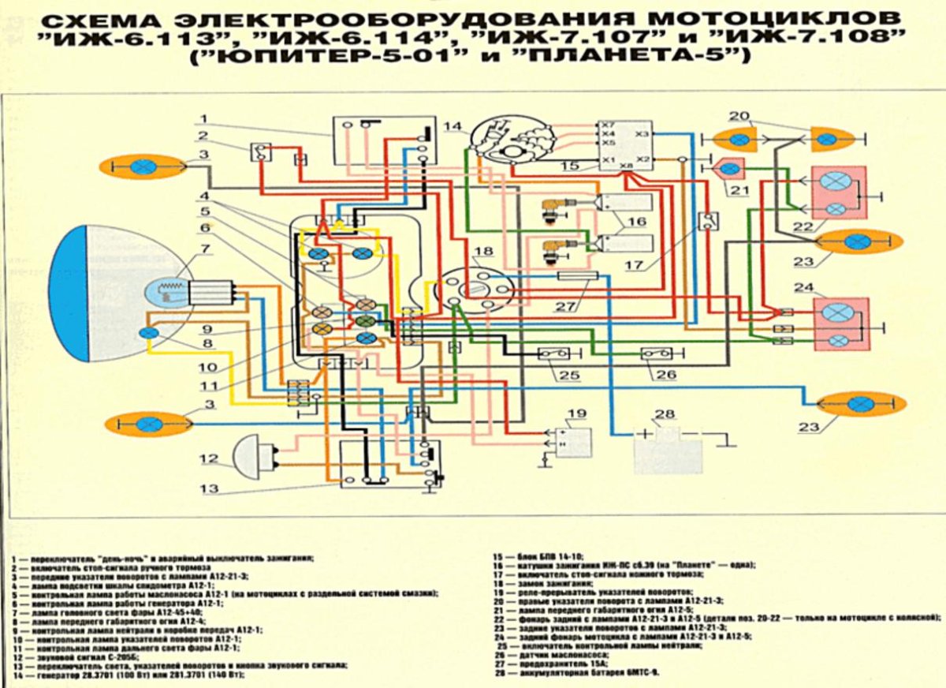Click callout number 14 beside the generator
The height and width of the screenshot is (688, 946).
(452, 127)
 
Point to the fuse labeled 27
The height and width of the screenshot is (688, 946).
(577, 276)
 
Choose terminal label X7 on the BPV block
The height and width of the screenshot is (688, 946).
(607, 125)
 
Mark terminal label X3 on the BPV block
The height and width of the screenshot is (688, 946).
(642, 134)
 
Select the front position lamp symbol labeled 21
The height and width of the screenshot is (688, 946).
(729, 167)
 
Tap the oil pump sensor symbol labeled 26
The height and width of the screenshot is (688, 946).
(657, 353)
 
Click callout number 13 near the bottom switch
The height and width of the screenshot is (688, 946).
(209, 488)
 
